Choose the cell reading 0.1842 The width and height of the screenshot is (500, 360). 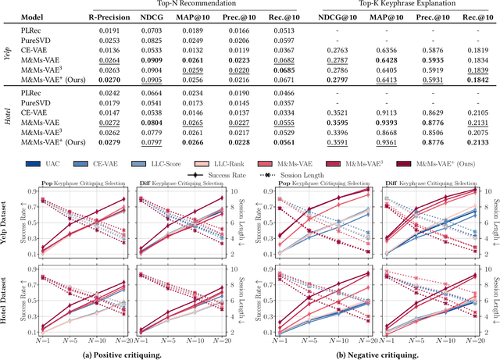[480, 80]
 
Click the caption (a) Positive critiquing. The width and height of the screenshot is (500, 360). [123, 354]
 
